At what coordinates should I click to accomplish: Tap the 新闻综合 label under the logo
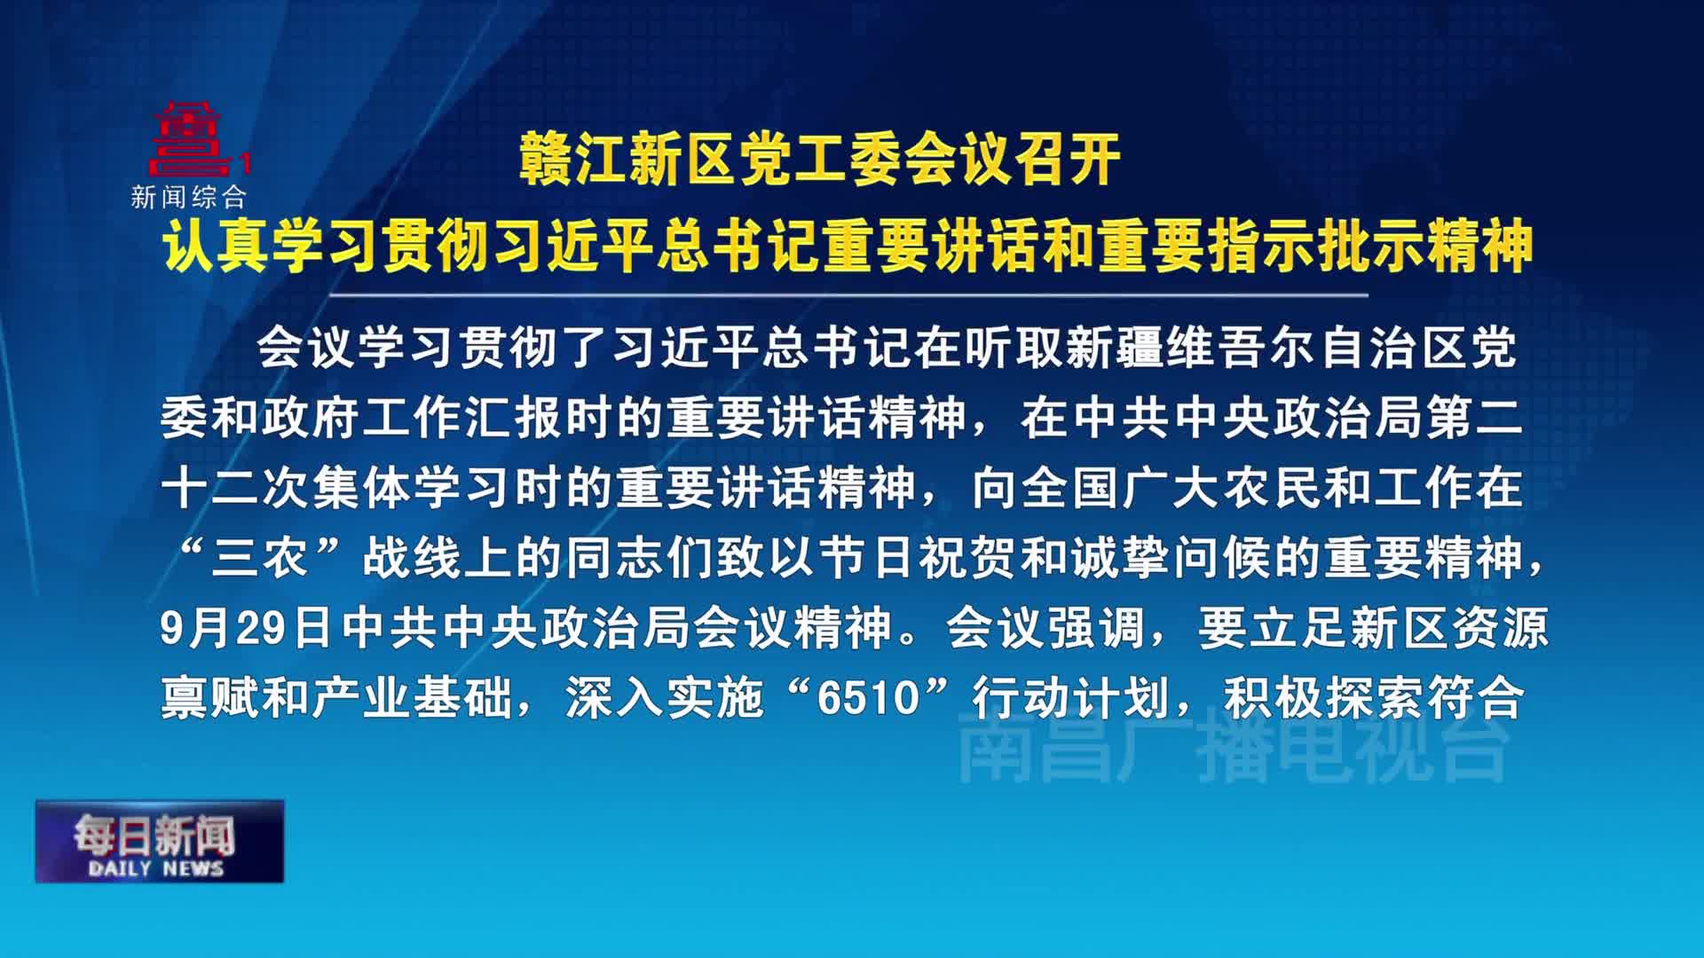pos(188,197)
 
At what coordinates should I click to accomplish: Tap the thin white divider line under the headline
pos(848,294)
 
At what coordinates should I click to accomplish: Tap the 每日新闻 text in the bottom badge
pos(154,834)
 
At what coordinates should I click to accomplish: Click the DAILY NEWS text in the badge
pos(156,868)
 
